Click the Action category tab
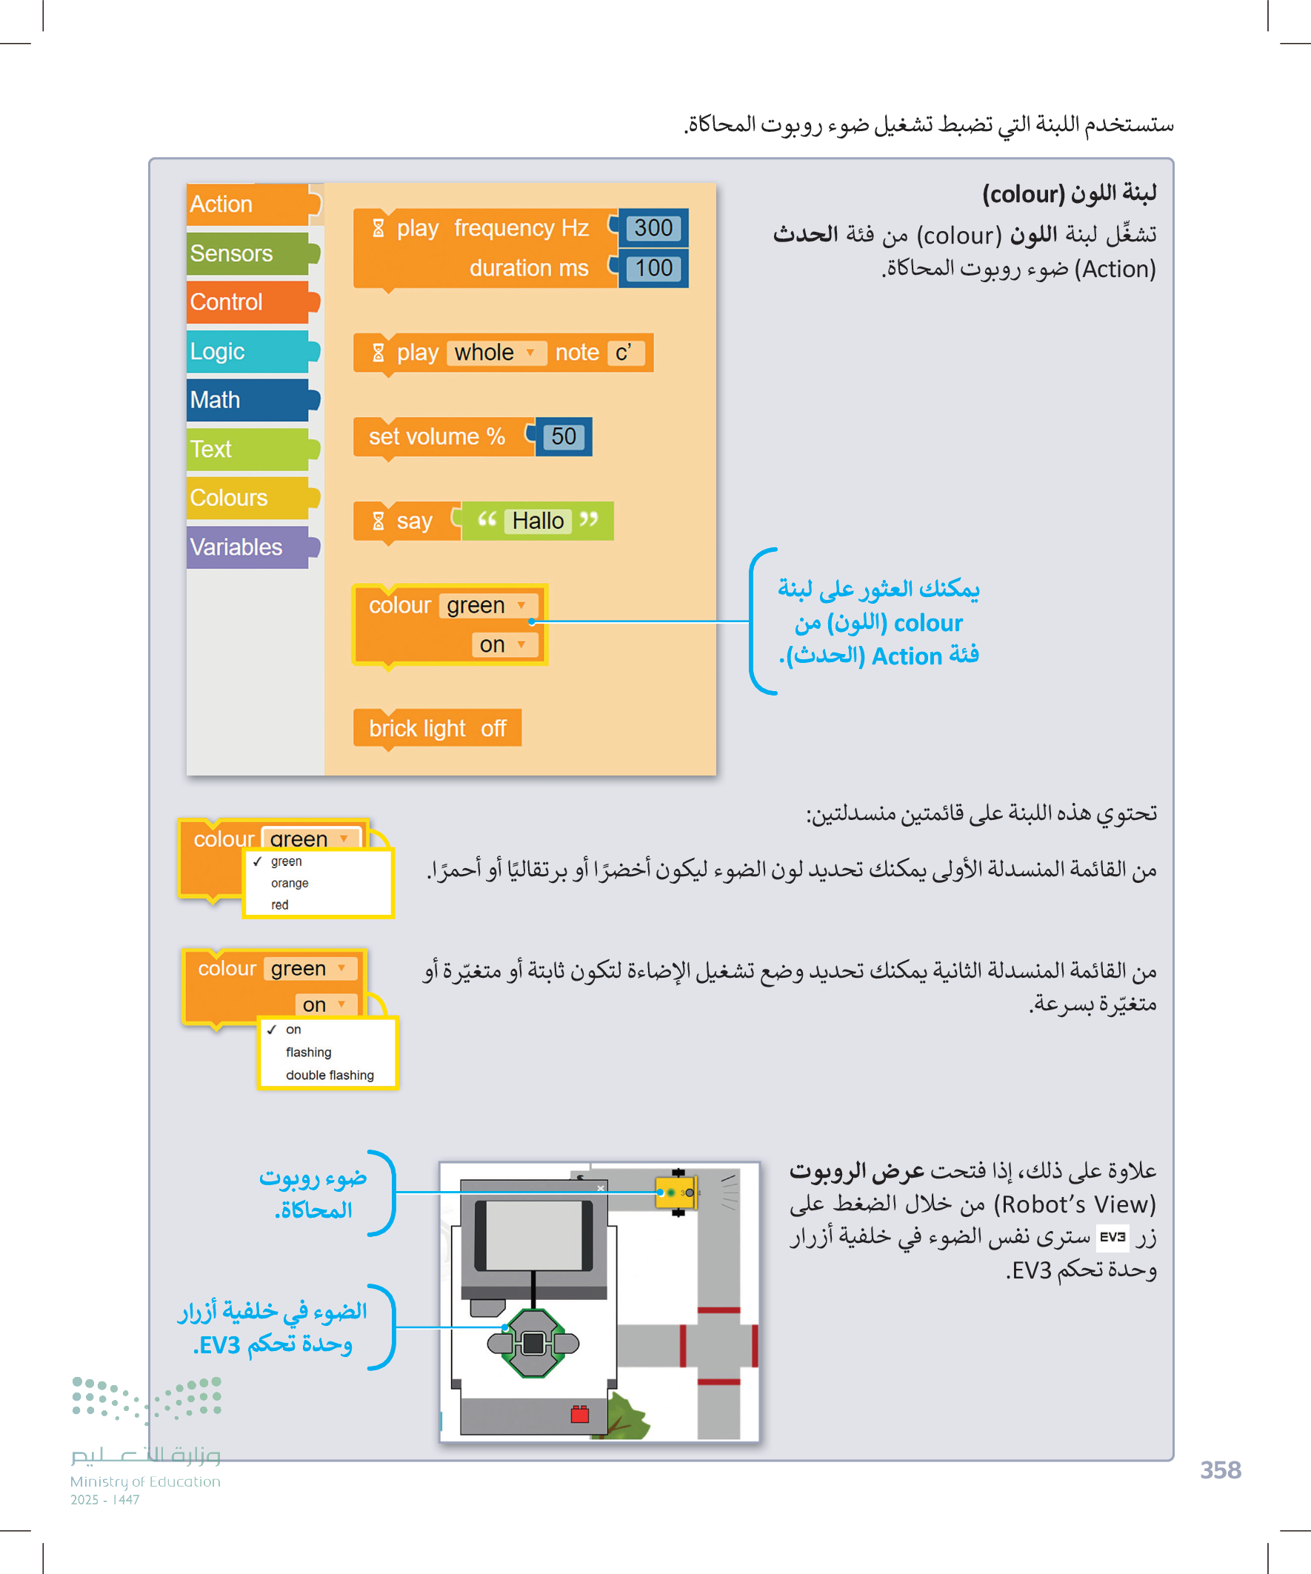coord(247,204)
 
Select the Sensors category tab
coord(247,253)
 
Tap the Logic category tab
coord(247,352)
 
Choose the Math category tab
coord(247,400)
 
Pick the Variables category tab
coord(247,547)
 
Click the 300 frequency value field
coord(653,228)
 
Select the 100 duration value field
coord(653,268)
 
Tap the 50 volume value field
coord(564,437)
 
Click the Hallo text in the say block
coord(538,521)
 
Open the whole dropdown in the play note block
coord(495,353)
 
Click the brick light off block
coord(437,728)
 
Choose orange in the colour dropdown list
coord(290,883)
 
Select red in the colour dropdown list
coord(280,904)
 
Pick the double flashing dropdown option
coord(330,1075)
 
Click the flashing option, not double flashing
coord(308,1053)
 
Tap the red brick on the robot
coord(579,1414)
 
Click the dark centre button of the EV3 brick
coord(533,1343)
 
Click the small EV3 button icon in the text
coord(1112,1237)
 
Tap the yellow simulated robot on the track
coord(675,1193)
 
